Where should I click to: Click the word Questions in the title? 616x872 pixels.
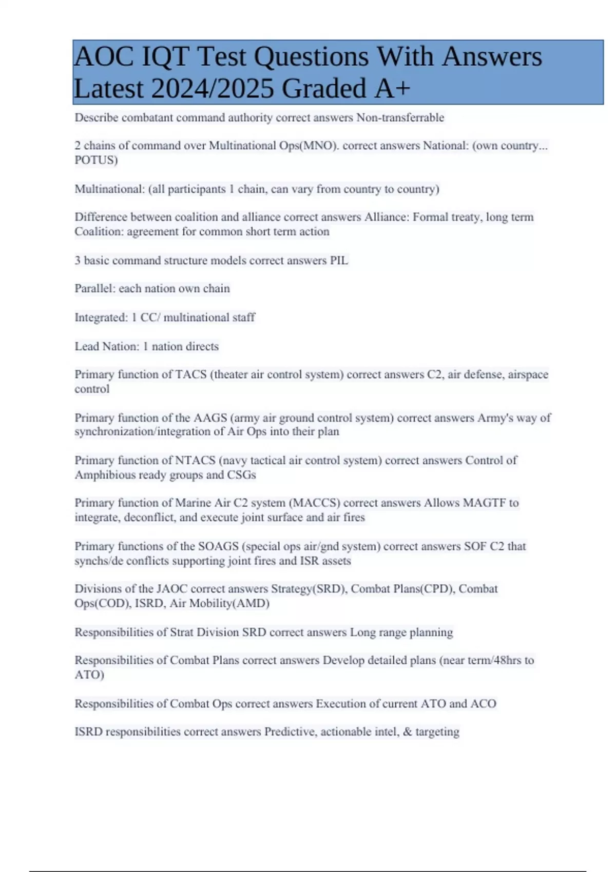(x=311, y=57)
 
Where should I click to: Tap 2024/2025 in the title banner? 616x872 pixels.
(x=213, y=88)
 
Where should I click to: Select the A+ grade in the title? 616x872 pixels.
(x=392, y=88)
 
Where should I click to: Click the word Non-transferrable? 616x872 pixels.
(x=400, y=117)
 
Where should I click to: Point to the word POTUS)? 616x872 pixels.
(x=96, y=160)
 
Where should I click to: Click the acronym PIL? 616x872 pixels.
(x=339, y=261)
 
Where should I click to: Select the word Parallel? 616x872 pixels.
(x=95, y=289)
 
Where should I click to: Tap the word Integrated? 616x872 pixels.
(x=101, y=318)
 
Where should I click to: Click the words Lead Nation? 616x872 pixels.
(x=107, y=346)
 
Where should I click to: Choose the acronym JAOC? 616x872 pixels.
(x=171, y=589)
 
